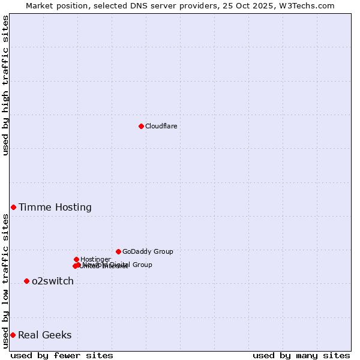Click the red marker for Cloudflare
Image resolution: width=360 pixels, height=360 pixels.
point(141,126)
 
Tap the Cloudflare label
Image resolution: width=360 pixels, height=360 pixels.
point(161,126)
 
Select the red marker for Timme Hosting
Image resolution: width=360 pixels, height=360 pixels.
point(13,207)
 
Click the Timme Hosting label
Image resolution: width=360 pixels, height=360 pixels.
point(55,208)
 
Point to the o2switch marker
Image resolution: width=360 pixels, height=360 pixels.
point(26,281)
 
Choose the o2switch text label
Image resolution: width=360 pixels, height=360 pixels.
point(53,281)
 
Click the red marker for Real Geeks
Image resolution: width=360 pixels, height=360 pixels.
point(13,335)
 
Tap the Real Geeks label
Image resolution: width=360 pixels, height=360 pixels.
point(45,335)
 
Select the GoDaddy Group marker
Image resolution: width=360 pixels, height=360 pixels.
point(118,251)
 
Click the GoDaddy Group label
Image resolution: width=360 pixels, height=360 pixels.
point(148,251)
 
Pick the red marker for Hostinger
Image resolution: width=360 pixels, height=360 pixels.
point(76,259)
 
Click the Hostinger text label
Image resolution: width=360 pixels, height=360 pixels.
point(95,259)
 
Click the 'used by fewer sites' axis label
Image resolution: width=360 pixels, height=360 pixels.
point(62,355)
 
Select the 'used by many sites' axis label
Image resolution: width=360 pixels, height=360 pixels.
point(301,355)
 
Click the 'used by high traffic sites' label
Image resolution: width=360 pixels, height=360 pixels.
point(6,85)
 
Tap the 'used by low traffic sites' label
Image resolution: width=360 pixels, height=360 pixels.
point(6,281)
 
